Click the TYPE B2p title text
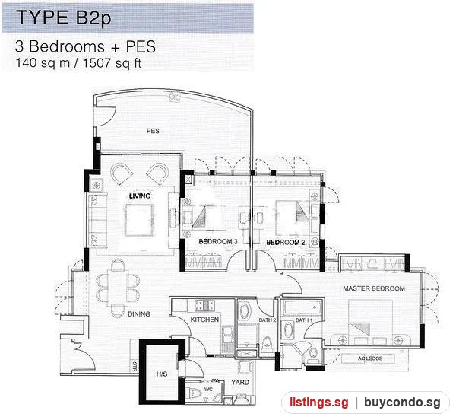coord(63,17)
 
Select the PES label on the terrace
coord(153,131)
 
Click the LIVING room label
coord(140,196)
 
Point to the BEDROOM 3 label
coord(218,242)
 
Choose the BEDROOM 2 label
coord(286,242)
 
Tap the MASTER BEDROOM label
coord(374,288)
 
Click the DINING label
coord(139,313)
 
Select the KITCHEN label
coord(204,320)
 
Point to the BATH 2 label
coord(268,320)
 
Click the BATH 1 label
coord(304,320)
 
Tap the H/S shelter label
coord(162,374)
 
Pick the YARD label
coord(240,382)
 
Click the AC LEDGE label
coord(370,358)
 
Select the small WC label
coord(208,389)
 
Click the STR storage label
coord(135,367)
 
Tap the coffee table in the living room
coord(139,220)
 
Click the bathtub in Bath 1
coord(303,307)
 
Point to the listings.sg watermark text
coord(318,402)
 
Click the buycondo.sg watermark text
coord(402,402)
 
